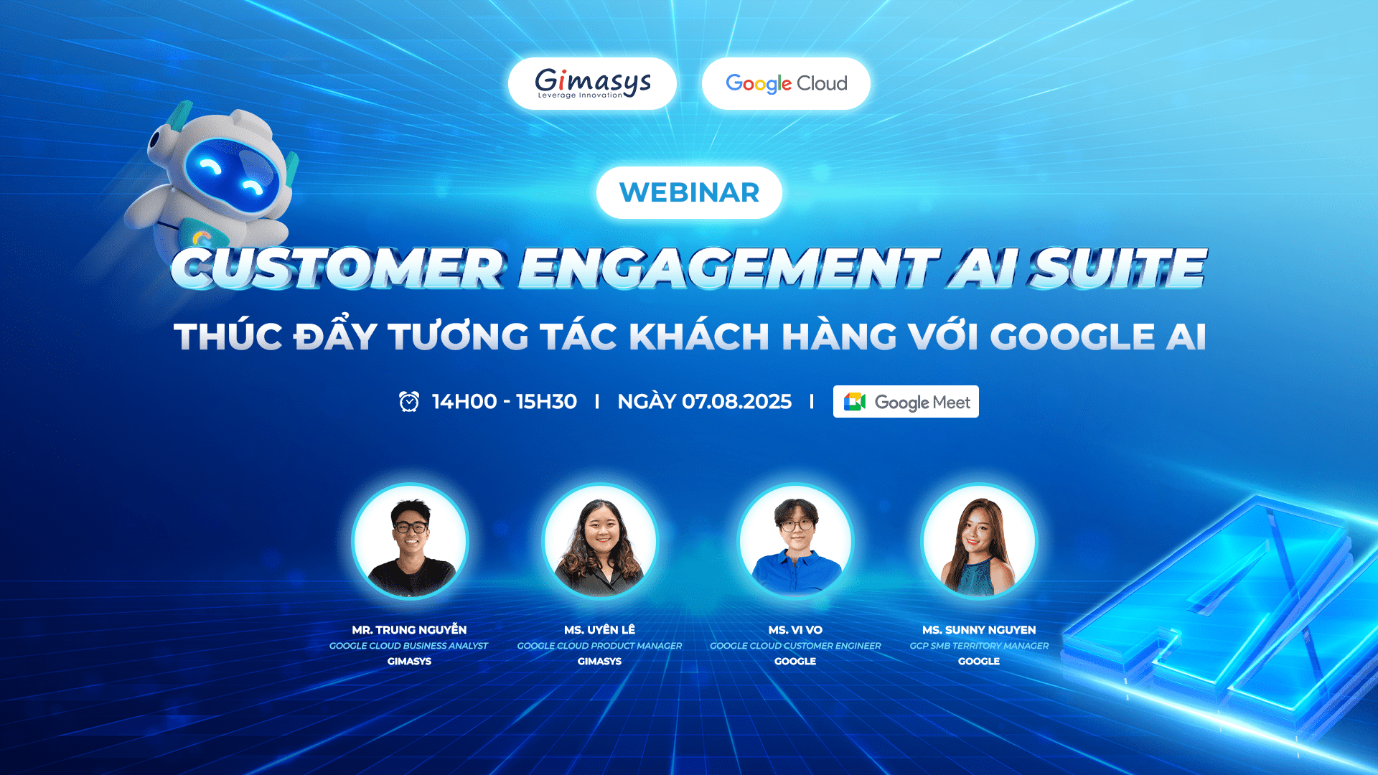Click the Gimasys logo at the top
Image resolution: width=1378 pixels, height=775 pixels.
point(593,83)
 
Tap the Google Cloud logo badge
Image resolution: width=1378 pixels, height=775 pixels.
point(786,83)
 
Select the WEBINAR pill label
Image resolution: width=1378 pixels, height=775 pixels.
point(689,192)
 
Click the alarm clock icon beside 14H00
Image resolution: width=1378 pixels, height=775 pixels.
point(409,401)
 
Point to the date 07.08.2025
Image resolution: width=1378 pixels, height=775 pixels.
point(736,401)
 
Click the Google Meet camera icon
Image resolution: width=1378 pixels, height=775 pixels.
point(854,402)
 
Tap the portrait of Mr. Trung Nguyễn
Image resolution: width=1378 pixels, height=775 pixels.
point(410,541)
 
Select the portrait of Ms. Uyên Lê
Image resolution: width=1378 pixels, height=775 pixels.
point(600,541)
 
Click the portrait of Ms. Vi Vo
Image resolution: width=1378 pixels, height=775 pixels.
point(795,541)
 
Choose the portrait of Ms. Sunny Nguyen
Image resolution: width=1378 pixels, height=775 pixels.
point(979,541)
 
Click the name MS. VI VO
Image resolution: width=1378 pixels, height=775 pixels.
point(795,630)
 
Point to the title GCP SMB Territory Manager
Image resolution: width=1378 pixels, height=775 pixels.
point(979,646)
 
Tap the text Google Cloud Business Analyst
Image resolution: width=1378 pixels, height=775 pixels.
point(408,646)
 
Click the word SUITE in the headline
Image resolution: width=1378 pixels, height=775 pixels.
point(1118,268)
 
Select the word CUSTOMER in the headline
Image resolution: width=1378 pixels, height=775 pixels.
point(338,268)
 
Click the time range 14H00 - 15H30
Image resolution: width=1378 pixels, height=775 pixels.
point(505,401)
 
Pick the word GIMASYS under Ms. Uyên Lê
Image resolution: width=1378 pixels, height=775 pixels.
point(599,662)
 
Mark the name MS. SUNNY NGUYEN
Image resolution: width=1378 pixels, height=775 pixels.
point(979,630)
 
